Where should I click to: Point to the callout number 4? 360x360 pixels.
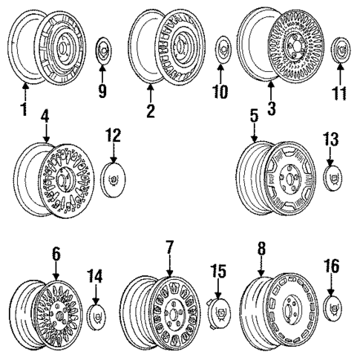click(46, 118)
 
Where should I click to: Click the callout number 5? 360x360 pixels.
click(255, 118)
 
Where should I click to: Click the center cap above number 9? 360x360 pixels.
click(103, 50)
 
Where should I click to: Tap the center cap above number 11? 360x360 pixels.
click(341, 48)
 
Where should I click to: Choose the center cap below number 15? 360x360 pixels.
click(218, 313)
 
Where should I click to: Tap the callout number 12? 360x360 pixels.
click(114, 136)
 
